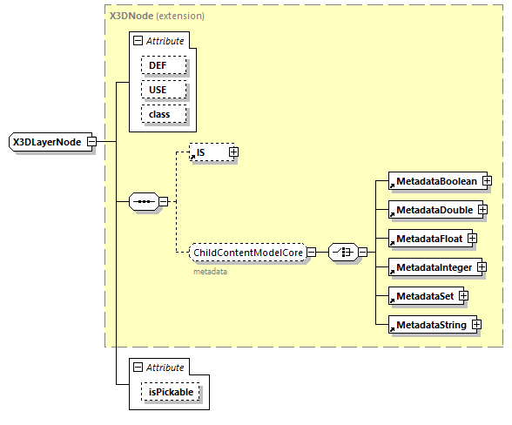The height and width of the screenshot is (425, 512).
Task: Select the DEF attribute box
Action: pos(158,65)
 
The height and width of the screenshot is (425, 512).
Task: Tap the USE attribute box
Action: pos(158,90)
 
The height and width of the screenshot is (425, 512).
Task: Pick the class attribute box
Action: pos(158,114)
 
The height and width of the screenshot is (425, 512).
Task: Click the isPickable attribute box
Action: pos(170,393)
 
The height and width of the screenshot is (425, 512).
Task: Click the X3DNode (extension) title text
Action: pos(157,16)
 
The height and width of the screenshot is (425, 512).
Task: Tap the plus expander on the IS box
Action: pos(233,152)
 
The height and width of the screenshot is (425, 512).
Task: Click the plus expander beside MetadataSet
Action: pos(463,296)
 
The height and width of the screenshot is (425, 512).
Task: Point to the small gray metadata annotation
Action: pos(210,272)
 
